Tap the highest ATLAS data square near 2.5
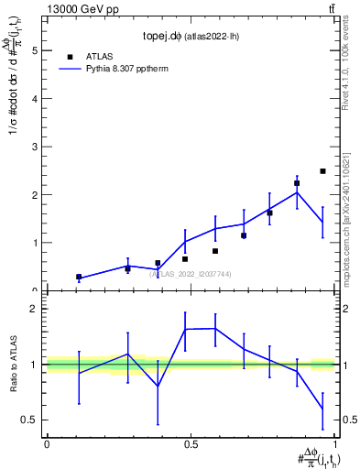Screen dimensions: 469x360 click(x=322, y=171)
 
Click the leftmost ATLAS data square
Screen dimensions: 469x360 click(x=79, y=277)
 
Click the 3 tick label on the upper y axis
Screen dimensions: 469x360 click(x=36, y=147)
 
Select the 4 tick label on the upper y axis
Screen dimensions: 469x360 click(x=36, y=99)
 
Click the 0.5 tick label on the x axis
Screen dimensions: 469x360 click(x=191, y=443)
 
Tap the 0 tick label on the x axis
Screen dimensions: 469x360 click(x=47, y=443)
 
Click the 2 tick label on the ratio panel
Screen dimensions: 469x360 click(x=36, y=309)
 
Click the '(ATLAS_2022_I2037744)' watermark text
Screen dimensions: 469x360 click(x=191, y=274)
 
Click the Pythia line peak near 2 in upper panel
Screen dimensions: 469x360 click(x=297, y=191)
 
